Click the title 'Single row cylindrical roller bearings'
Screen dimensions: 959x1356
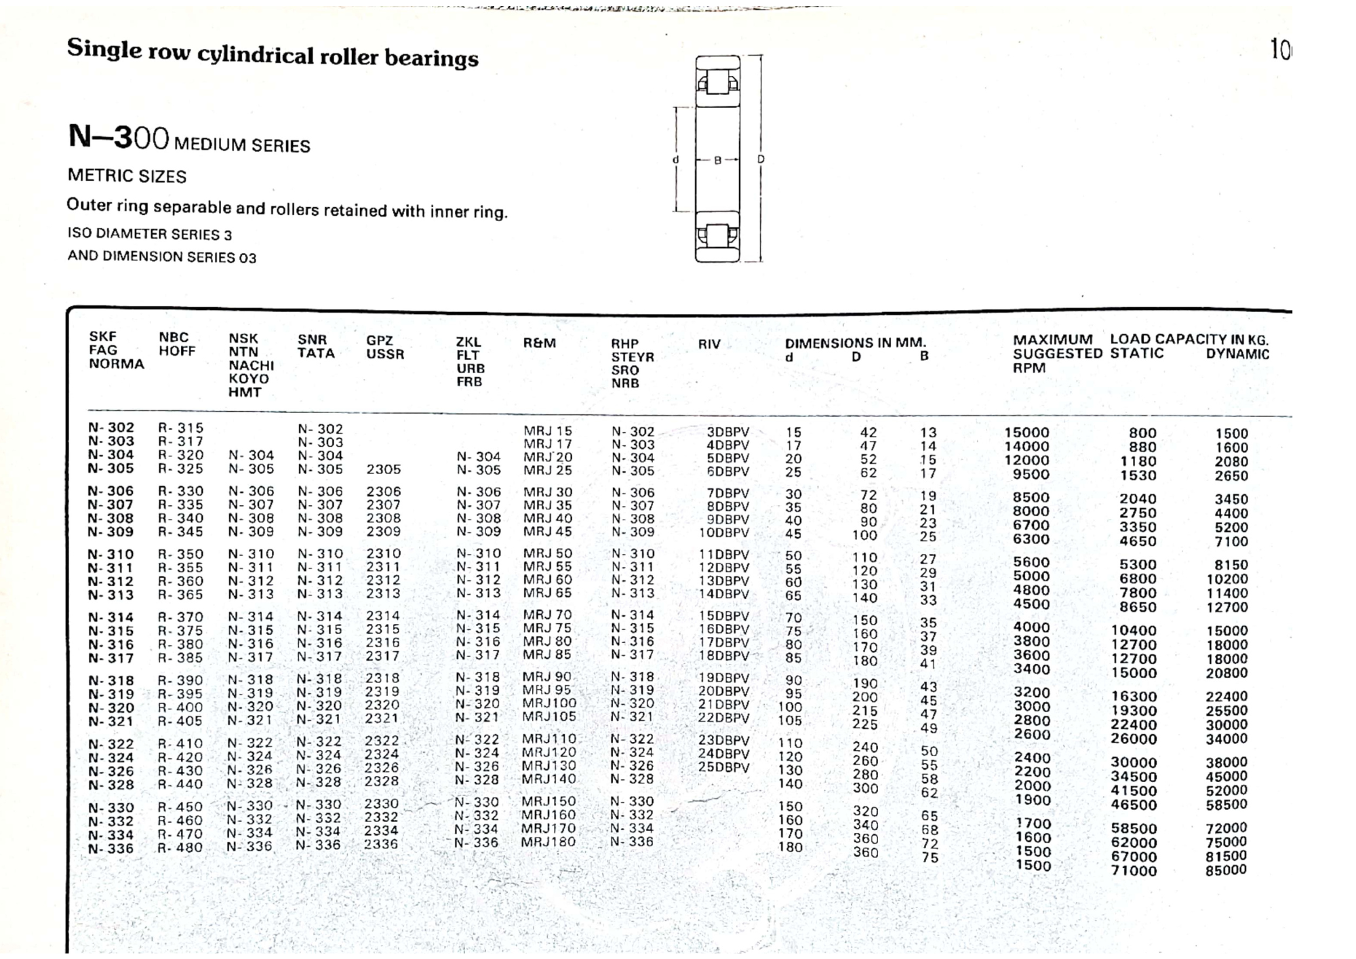tap(273, 53)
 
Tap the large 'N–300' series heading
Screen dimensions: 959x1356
tap(119, 137)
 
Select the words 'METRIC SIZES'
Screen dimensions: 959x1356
tap(127, 176)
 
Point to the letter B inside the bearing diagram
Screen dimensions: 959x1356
tap(718, 161)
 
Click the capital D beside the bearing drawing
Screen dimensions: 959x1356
tap(761, 159)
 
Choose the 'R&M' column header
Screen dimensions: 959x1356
tap(539, 343)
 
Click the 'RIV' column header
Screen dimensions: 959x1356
tap(709, 345)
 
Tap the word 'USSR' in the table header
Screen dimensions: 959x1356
tap(385, 354)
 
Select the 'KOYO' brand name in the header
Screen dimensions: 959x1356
tap(248, 379)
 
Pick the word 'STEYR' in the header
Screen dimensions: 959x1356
tap(633, 357)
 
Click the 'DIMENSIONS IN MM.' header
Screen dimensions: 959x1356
tap(855, 343)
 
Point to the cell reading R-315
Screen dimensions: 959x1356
tap(180, 428)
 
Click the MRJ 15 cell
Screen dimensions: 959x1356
tap(547, 431)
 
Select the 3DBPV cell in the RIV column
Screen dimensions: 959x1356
tap(727, 432)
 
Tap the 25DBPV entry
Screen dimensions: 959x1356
tap(723, 767)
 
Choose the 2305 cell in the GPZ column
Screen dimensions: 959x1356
tap(384, 469)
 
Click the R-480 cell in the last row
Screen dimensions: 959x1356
tap(180, 848)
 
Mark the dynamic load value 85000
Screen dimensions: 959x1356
tap(1226, 870)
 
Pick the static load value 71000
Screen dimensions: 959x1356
tap(1134, 871)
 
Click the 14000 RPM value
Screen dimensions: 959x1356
tap(1026, 446)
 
